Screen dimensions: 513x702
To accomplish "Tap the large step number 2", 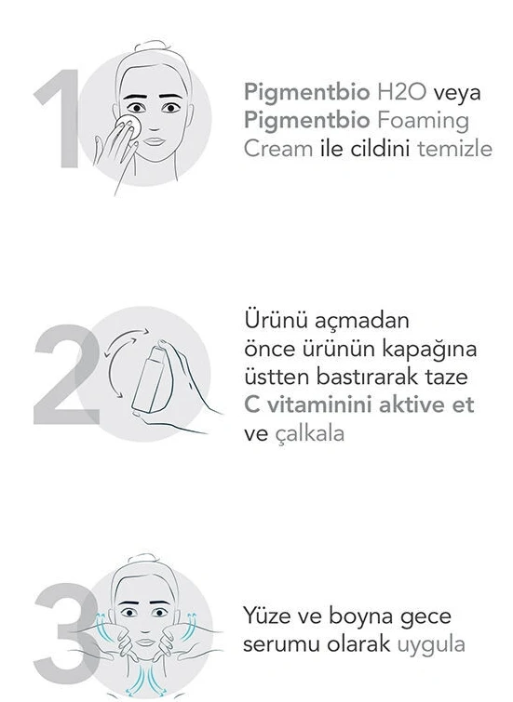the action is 66,375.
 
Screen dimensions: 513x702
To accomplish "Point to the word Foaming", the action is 423,121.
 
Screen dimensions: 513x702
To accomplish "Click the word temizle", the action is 454,149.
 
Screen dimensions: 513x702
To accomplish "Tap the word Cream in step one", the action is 278,149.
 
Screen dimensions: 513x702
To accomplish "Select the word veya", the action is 457,93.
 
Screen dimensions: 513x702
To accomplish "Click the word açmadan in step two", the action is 362,321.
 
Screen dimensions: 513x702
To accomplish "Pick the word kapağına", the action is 429,351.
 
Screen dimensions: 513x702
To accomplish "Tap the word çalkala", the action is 309,433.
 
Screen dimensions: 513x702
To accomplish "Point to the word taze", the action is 446,377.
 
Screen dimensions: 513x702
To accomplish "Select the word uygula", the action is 431,645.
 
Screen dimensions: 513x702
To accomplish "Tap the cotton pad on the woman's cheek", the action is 129,126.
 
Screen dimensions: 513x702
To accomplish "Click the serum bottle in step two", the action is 150,378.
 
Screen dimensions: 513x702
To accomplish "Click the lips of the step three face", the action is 145,642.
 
